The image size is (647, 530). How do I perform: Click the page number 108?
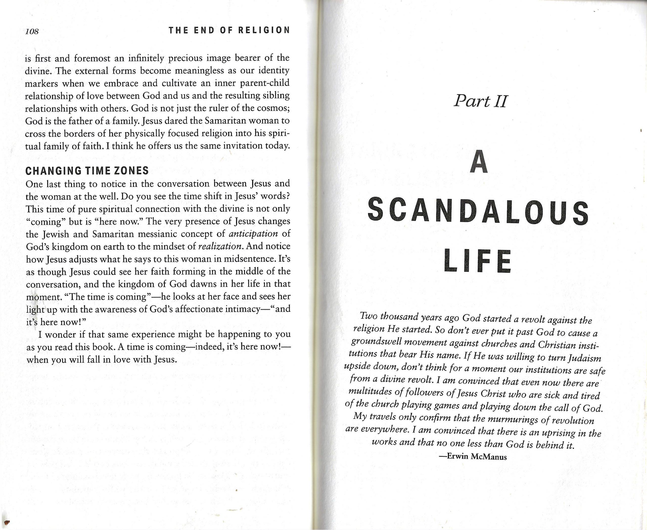[32, 31]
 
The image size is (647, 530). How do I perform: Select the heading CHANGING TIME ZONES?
[87, 171]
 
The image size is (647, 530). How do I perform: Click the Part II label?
[480, 101]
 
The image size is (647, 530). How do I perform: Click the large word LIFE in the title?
[478, 261]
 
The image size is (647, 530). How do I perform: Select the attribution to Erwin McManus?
[473, 457]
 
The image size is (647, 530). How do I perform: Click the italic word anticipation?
[253, 234]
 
